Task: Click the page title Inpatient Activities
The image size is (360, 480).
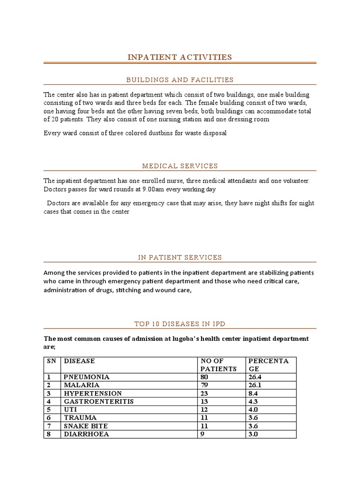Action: pyautogui.click(x=180, y=57)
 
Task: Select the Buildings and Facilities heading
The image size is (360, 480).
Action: pyautogui.click(x=180, y=80)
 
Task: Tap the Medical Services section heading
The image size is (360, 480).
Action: pyautogui.click(x=180, y=166)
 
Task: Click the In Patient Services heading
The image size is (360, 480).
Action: pyautogui.click(x=180, y=257)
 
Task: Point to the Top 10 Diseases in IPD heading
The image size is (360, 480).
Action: pyautogui.click(x=180, y=324)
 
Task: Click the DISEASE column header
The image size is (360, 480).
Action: pyautogui.click(x=79, y=361)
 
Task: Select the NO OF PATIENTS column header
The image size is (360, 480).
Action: pyautogui.click(x=218, y=365)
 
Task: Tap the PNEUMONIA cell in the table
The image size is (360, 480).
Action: pyautogui.click(x=87, y=377)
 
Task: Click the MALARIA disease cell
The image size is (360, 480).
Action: pyautogui.click(x=82, y=385)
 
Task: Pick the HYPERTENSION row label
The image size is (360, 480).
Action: pyautogui.click(x=93, y=393)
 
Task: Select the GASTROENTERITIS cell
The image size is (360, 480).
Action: pyautogui.click(x=99, y=402)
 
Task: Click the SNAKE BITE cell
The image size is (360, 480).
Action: pyautogui.click(x=86, y=426)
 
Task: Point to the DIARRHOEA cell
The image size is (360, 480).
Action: pyautogui.click(x=87, y=434)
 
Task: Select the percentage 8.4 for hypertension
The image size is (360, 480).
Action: pyautogui.click(x=253, y=393)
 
